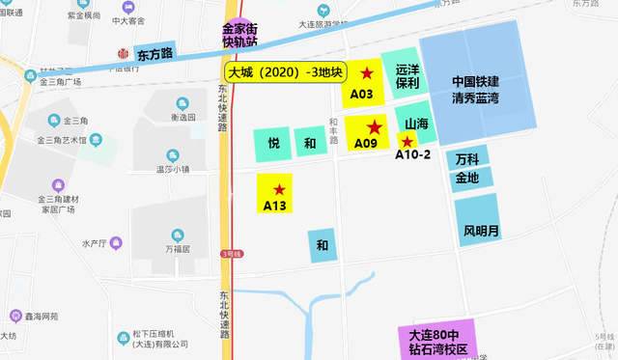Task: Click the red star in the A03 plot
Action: coord(366,74)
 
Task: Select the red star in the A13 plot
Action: coord(280,189)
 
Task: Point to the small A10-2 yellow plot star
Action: coord(407,141)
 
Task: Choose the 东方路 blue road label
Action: coord(154,54)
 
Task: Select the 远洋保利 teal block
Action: coord(407,76)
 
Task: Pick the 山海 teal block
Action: coord(416,125)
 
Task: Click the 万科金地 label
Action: coord(467,168)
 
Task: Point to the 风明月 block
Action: coord(481,231)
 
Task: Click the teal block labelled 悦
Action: coord(273,144)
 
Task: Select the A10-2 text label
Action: coord(413,156)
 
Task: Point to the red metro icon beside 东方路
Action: coord(123,54)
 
